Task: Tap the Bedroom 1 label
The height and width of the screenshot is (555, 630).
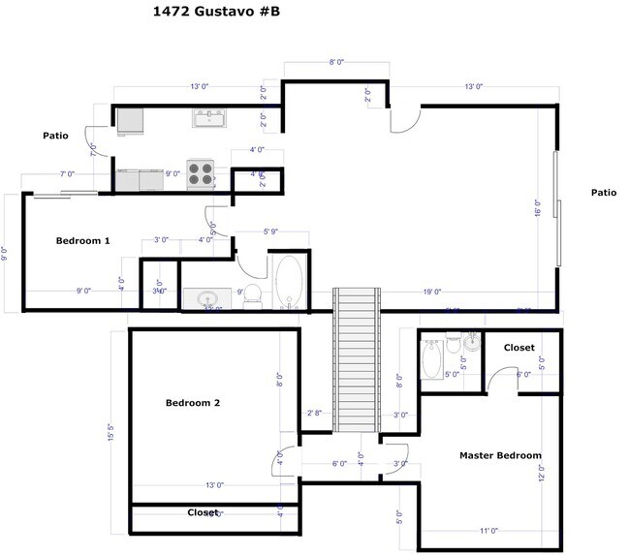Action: click(82, 240)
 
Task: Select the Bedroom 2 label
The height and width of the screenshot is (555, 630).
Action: click(193, 403)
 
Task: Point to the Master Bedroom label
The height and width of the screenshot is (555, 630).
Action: click(500, 455)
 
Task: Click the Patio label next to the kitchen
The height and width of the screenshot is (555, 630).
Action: click(55, 136)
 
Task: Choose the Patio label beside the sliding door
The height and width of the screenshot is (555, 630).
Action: click(604, 193)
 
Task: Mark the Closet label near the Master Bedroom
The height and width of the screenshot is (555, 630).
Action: click(520, 348)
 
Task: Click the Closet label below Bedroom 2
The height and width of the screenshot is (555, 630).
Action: click(203, 512)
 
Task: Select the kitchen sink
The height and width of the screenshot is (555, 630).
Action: click(209, 118)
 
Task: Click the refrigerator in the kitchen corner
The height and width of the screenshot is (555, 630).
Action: click(131, 118)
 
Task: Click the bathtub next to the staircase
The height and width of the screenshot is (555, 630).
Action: click(288, 282)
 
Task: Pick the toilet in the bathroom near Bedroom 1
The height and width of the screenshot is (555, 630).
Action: click(252, 294)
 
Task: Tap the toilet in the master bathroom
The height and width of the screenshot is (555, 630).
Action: click(453, 344)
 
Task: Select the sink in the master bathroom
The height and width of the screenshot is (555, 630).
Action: click(471, 341)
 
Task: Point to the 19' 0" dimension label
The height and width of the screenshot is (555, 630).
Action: click(432, 292)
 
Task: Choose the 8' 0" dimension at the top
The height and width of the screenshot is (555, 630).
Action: click(336, 62)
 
